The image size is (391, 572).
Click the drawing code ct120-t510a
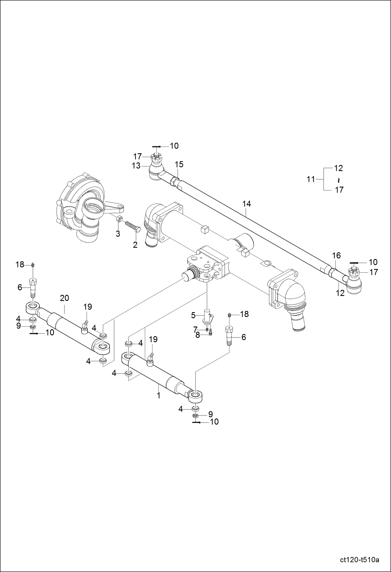point(359,560)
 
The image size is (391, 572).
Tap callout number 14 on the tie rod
point(246,204)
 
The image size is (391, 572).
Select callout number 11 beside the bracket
point(311,179)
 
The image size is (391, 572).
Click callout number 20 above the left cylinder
point(64,298)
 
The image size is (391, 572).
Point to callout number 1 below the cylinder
point(158,395)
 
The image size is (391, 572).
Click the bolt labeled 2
point(133,226)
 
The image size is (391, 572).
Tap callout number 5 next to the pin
point(193,315)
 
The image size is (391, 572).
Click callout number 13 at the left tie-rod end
point(136,166)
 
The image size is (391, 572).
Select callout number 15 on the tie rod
point(179,164)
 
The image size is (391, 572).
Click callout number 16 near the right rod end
point(336,256)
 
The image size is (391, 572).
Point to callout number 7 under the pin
point(195,330)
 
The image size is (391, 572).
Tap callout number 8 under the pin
point(198,335)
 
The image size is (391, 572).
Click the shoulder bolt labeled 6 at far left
point(33,287)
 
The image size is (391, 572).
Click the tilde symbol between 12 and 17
point(339,180)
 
